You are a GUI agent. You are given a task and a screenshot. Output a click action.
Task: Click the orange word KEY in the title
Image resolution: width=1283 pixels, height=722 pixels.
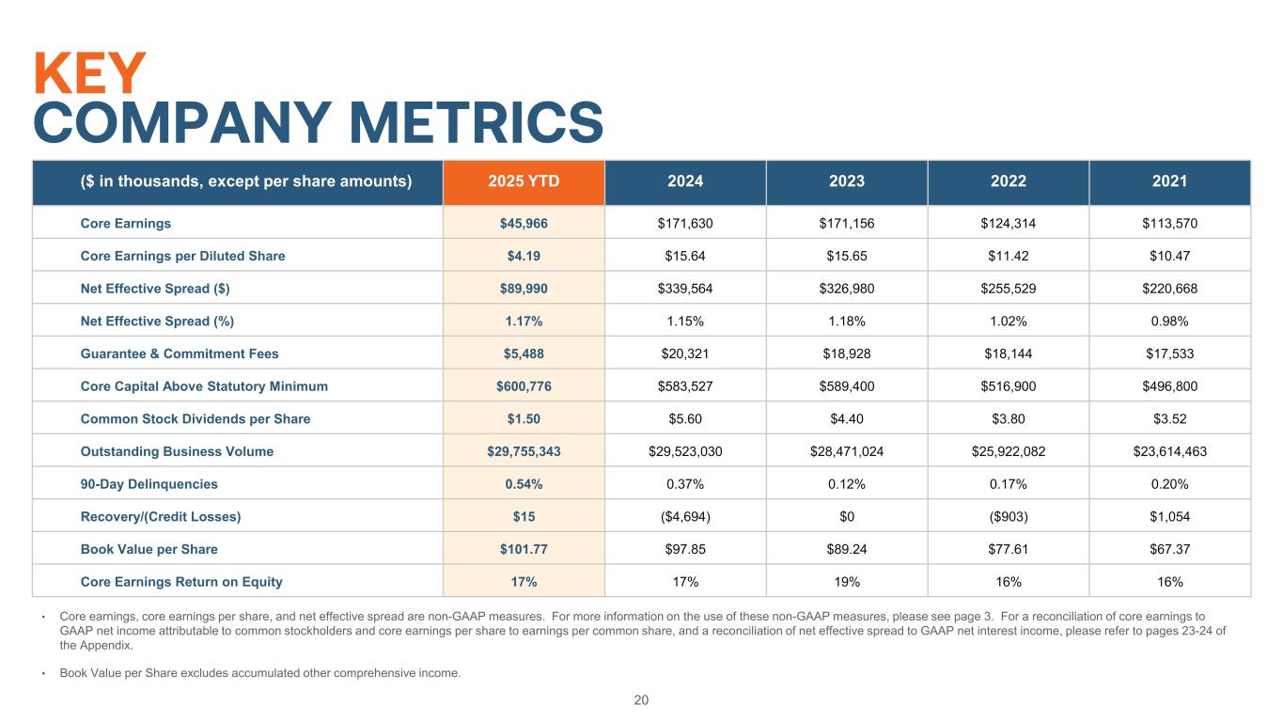(x=90, y=72)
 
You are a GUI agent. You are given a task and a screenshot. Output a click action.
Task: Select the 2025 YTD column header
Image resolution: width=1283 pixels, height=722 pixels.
(x=524, y=181)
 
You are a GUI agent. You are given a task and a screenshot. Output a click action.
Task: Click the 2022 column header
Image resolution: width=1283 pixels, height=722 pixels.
(x=1008, y=181)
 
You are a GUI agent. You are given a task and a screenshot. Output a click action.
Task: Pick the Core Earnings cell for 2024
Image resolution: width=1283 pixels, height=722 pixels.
(x=685, y=224)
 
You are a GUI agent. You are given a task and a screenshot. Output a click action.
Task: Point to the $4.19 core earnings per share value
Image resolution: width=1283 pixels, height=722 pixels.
(x=524, y=256)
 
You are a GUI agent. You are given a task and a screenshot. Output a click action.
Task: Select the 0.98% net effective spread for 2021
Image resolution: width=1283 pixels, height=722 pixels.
(x=1169, y=322)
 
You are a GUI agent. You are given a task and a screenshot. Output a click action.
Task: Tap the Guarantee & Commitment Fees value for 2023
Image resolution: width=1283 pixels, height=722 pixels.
(x=846, y=353)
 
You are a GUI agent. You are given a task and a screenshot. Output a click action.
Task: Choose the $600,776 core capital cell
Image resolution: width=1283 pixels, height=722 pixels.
(x=524, y=386)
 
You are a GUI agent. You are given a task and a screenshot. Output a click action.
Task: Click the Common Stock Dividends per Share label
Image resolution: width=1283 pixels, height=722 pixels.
(x=195, y=419)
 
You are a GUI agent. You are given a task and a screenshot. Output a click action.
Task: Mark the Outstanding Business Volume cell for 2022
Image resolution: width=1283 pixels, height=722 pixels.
(x=1008, y=451)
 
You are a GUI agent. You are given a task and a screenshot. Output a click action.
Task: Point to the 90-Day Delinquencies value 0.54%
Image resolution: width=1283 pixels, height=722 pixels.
(x=524, y=484)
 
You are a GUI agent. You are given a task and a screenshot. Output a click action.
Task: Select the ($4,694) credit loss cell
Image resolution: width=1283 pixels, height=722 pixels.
(x=685, y=517)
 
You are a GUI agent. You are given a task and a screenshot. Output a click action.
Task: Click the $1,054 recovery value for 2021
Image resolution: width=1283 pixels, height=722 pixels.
(x=1169, y=517)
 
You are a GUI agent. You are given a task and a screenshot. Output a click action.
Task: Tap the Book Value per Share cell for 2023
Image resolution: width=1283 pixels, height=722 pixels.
(x=846, y=549)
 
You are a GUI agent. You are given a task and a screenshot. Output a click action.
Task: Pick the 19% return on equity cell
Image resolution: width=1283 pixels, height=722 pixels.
(x=846, y=582)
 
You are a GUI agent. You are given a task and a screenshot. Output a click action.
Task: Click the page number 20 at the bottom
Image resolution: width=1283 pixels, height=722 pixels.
(x=641, y=700)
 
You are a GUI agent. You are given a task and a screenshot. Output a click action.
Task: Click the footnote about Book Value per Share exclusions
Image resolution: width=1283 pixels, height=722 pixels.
(x=259, y=673)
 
